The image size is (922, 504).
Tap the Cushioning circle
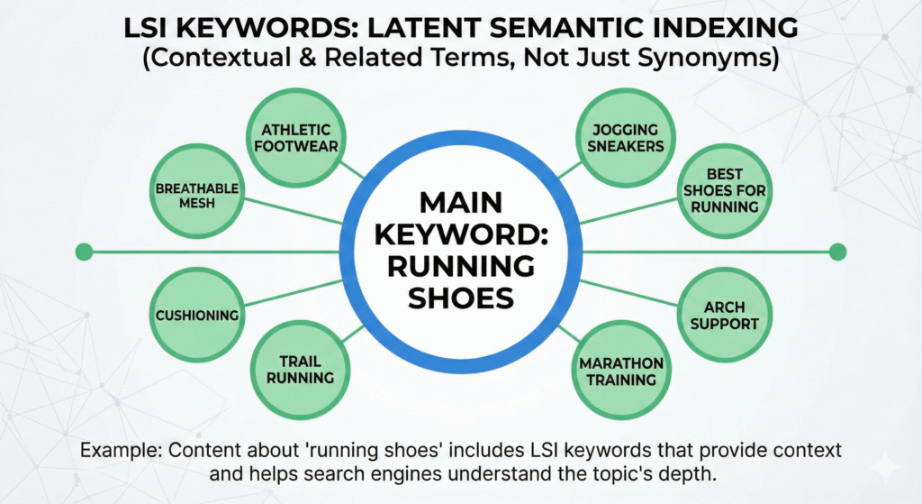tap(196, 316)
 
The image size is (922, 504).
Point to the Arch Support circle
tap(725, 315)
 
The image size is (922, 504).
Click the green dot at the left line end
tap(84, 252)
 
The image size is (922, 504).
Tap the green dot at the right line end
tap(837, 252)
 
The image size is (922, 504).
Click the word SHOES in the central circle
tap(460, 297)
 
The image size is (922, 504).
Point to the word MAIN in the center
tap(460, 201)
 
